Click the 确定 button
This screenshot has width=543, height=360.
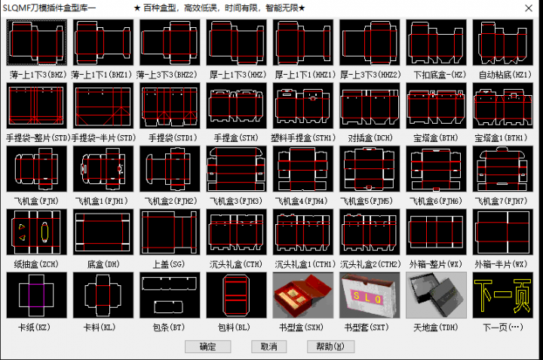pyautogui.click(x=207, y=346)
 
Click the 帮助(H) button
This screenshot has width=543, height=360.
pyautogui.click(x=330, y=346)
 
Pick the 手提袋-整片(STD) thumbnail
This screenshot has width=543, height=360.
pyautogui.click(x=38, y=106)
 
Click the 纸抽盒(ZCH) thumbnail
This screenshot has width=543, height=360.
pyautogui.click(x=38, y=232)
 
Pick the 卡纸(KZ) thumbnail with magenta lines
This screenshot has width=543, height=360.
pyautogui.click(x=38, y=295)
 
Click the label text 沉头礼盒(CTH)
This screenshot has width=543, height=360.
pyautogui.click(x=236, y=264)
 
